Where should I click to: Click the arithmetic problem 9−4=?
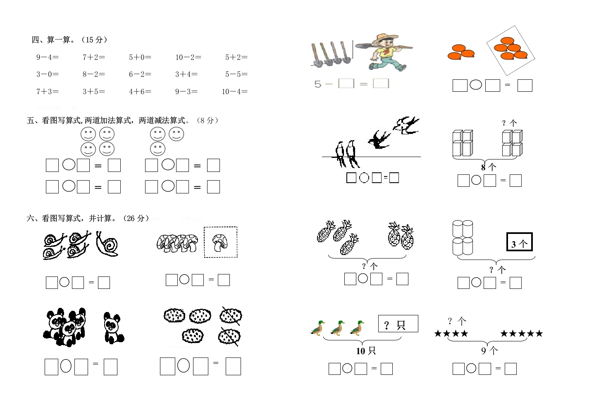pos(48,57)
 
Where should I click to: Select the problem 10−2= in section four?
pos(188,57)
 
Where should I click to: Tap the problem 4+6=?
pos(140,92)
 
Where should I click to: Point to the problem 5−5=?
pos(236,74)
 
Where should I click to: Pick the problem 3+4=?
pos(186,74)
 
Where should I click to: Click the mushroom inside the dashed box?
pos(220,243)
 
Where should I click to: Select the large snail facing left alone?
pos(107,244)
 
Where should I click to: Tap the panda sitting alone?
pos(113,328)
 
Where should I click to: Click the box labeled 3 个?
pos(520,242)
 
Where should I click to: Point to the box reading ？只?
pos(398,324)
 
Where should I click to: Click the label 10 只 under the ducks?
pos(366,351)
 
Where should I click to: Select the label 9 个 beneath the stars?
pos(489,351)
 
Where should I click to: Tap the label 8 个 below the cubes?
pos(489,167)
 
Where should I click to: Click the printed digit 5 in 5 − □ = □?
pos(317,84)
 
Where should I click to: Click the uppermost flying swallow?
pos(406,125)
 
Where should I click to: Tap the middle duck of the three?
pos(338,328)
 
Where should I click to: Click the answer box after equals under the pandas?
pos(111,367)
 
